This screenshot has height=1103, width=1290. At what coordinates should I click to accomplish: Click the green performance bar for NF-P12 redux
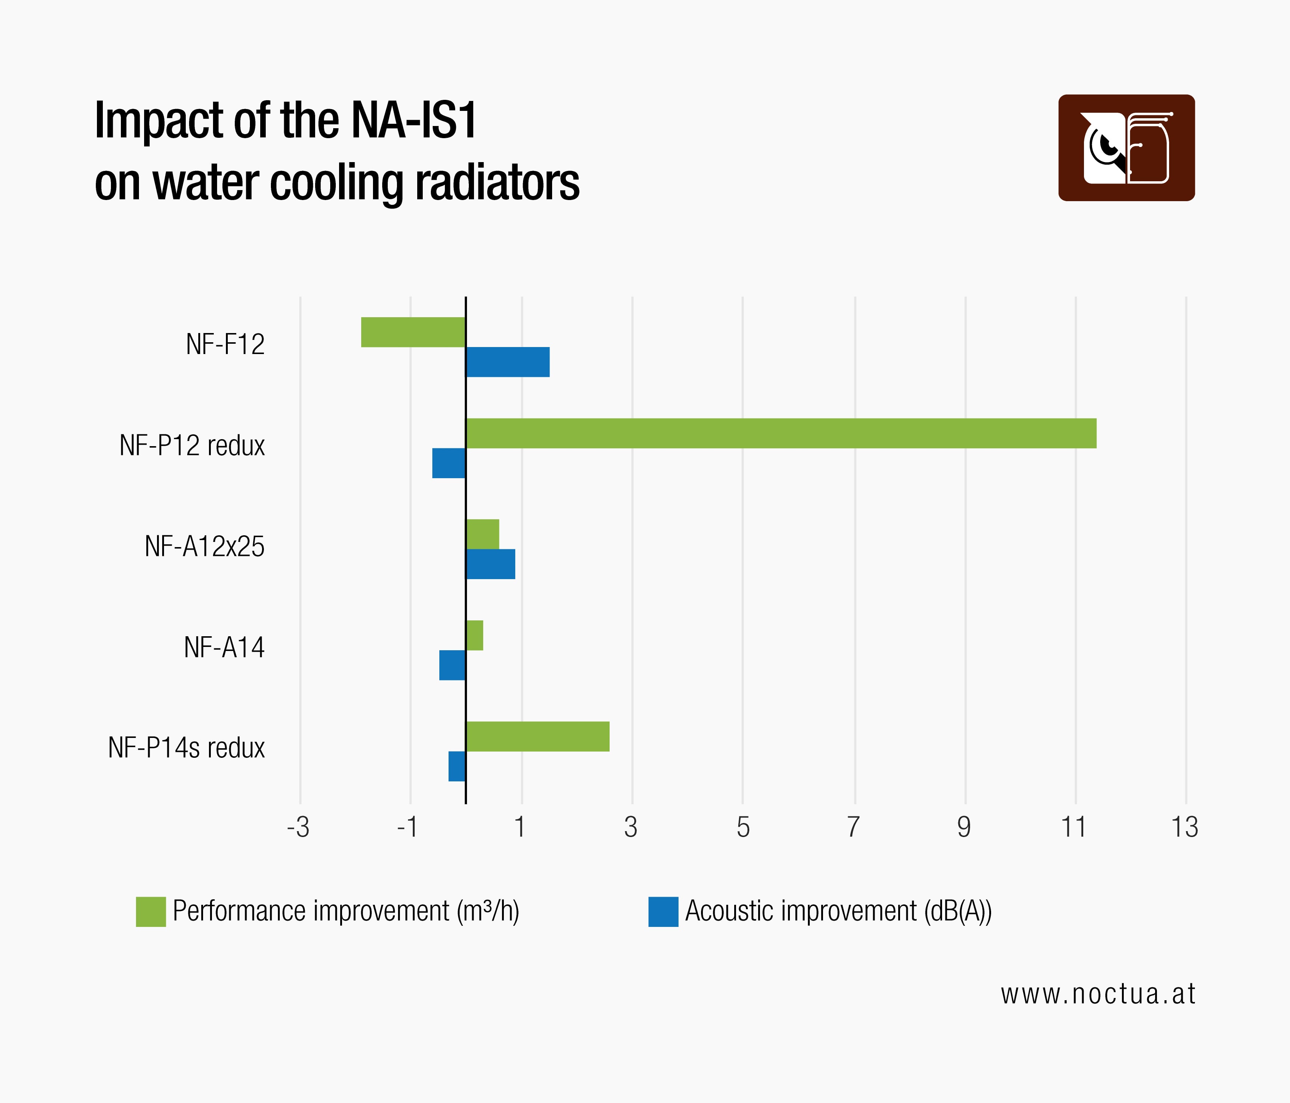click(x=781, y=433)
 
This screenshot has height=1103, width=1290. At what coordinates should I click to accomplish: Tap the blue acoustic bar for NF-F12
click(x=508, y=362)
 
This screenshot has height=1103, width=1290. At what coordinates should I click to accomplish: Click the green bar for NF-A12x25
click(x=482, y=534)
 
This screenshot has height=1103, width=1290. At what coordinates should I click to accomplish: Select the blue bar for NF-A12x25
click(x=491, y=564)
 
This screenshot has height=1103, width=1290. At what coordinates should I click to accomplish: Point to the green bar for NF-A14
click(x=474, y=635)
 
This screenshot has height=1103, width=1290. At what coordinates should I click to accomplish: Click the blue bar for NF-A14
click(x=453, y=665)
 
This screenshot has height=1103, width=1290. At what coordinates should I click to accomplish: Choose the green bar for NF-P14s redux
click(x=538, y=736)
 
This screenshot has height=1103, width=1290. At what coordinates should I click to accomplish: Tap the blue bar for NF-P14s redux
click(x=457, y=766)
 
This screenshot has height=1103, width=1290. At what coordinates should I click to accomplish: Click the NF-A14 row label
click(x=224, y=647)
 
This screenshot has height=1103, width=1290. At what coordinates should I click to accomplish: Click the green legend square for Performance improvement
click(x=151, y=911)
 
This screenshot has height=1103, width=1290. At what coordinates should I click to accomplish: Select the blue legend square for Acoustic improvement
click(x=663, y=911)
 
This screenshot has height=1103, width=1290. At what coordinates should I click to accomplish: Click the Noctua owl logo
click(x=1126, y=147)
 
